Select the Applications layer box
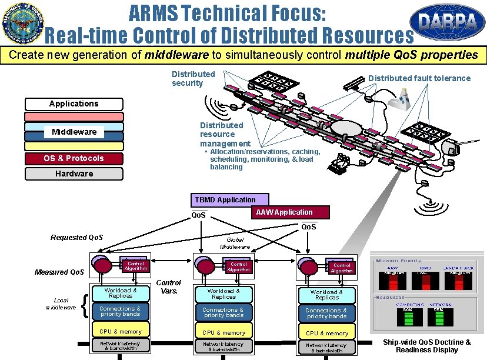[74, 104]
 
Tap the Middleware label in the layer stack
[74, 132]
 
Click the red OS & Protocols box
[74, 158]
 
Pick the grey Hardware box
[74, 174]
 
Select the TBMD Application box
[229, 200]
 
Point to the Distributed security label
[193, 78]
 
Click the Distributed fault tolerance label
[419, 78]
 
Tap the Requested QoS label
[76, 238]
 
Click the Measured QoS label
[59, 272]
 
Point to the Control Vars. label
[168, 286]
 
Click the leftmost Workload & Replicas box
[121, 294]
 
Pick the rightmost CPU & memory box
[326, 333]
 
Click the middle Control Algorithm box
[239, 266]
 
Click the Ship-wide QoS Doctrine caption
[426, 346]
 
